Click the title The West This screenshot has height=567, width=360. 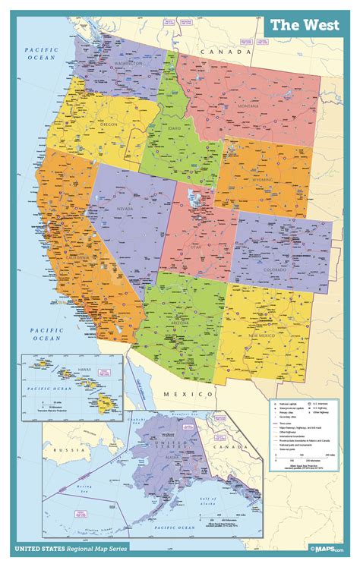point(305,25)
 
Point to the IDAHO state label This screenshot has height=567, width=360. point(175,129)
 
